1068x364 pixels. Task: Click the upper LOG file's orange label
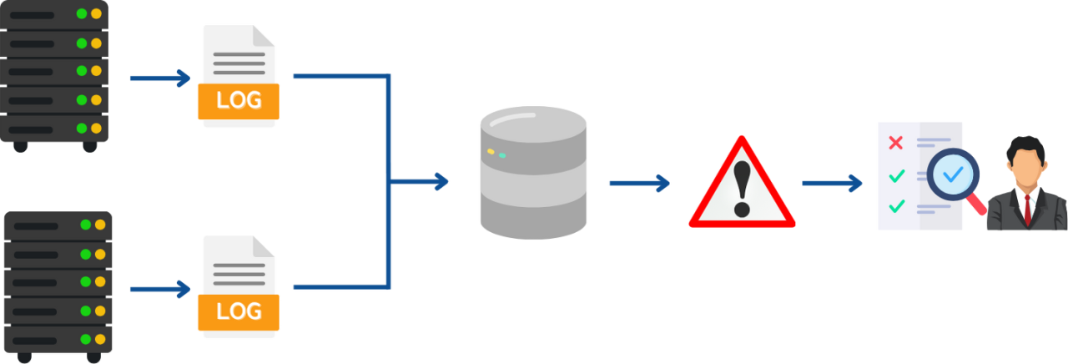239,100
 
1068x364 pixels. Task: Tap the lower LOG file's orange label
239,311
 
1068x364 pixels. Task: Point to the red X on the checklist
895,143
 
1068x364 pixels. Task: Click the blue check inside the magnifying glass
952,174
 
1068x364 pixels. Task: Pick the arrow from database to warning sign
639,183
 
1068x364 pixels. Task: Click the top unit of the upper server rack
55,14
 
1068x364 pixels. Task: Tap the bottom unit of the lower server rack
58,340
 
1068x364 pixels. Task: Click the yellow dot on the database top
491,151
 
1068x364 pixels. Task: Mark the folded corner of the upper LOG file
264,35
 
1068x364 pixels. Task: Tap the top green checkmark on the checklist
897,175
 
